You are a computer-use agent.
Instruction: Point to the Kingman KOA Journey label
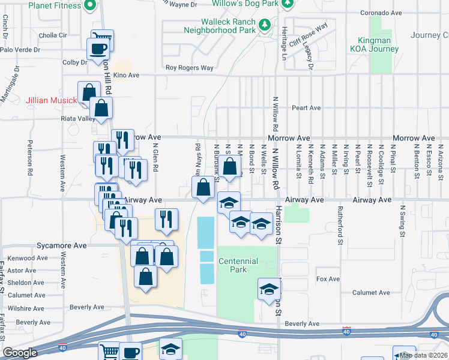tap(370, 45)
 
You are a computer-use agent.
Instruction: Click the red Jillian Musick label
tap(51, 100)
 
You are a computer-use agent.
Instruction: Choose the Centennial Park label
tap(238, 265)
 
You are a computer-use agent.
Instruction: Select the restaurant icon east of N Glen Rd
tap(165, 220)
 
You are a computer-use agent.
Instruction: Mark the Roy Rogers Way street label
tap(190, 68)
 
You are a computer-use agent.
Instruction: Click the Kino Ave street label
tap(126, 76)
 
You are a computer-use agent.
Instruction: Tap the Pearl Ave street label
tap(306, 108)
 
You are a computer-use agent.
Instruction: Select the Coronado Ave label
tap(380, 13)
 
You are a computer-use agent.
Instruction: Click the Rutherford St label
tap(339, 234)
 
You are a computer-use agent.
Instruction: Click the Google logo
tap(20, 353)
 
